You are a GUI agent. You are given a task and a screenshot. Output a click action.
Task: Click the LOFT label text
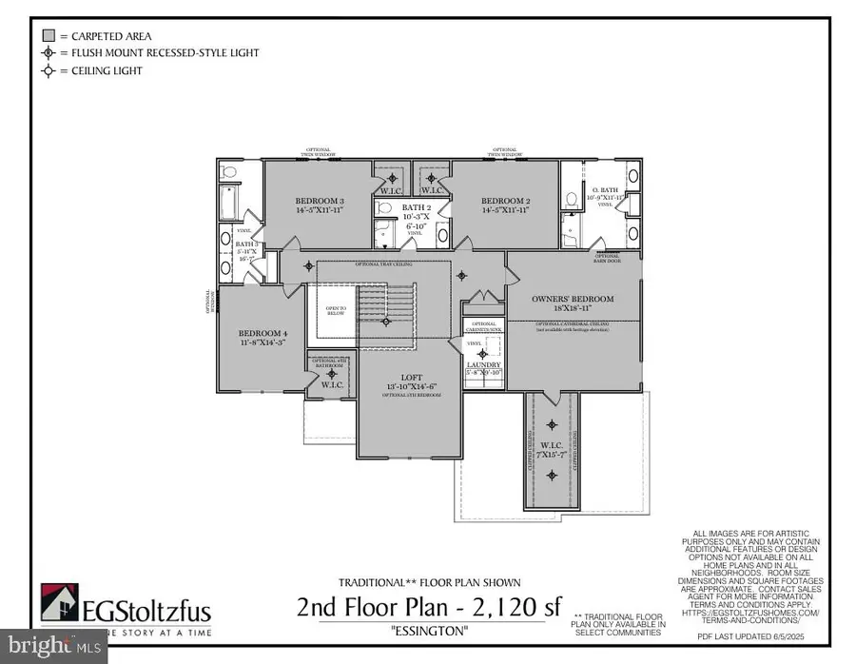pos(406,378)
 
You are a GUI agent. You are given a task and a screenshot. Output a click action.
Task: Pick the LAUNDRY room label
pos(483,365)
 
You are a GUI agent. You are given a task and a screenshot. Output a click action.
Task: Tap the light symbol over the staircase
pos(385,322)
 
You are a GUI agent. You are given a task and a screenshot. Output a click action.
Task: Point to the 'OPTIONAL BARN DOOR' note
pos(607,257)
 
